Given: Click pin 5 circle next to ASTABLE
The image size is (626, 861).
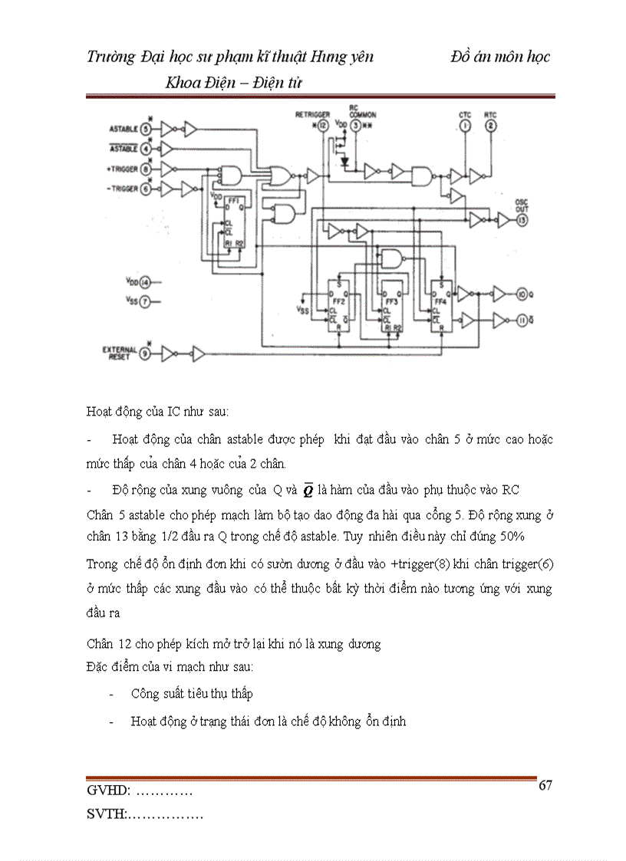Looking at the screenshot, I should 147,129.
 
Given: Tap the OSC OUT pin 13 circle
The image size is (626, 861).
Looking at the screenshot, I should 522,220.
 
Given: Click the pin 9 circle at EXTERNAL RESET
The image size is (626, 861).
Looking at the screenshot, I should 146,353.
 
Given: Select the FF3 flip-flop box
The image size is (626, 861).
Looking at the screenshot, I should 393,306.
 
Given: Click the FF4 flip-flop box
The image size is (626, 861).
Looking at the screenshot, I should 440,306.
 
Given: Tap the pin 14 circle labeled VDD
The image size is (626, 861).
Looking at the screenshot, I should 145,282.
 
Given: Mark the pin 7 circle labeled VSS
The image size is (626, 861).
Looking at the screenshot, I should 145,302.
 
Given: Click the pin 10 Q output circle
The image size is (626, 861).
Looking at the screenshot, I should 522,294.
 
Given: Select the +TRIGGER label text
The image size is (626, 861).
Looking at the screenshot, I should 123,169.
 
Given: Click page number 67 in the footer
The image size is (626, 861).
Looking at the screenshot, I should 545,786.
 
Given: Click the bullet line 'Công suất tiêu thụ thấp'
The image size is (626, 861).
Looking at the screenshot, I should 192,694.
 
